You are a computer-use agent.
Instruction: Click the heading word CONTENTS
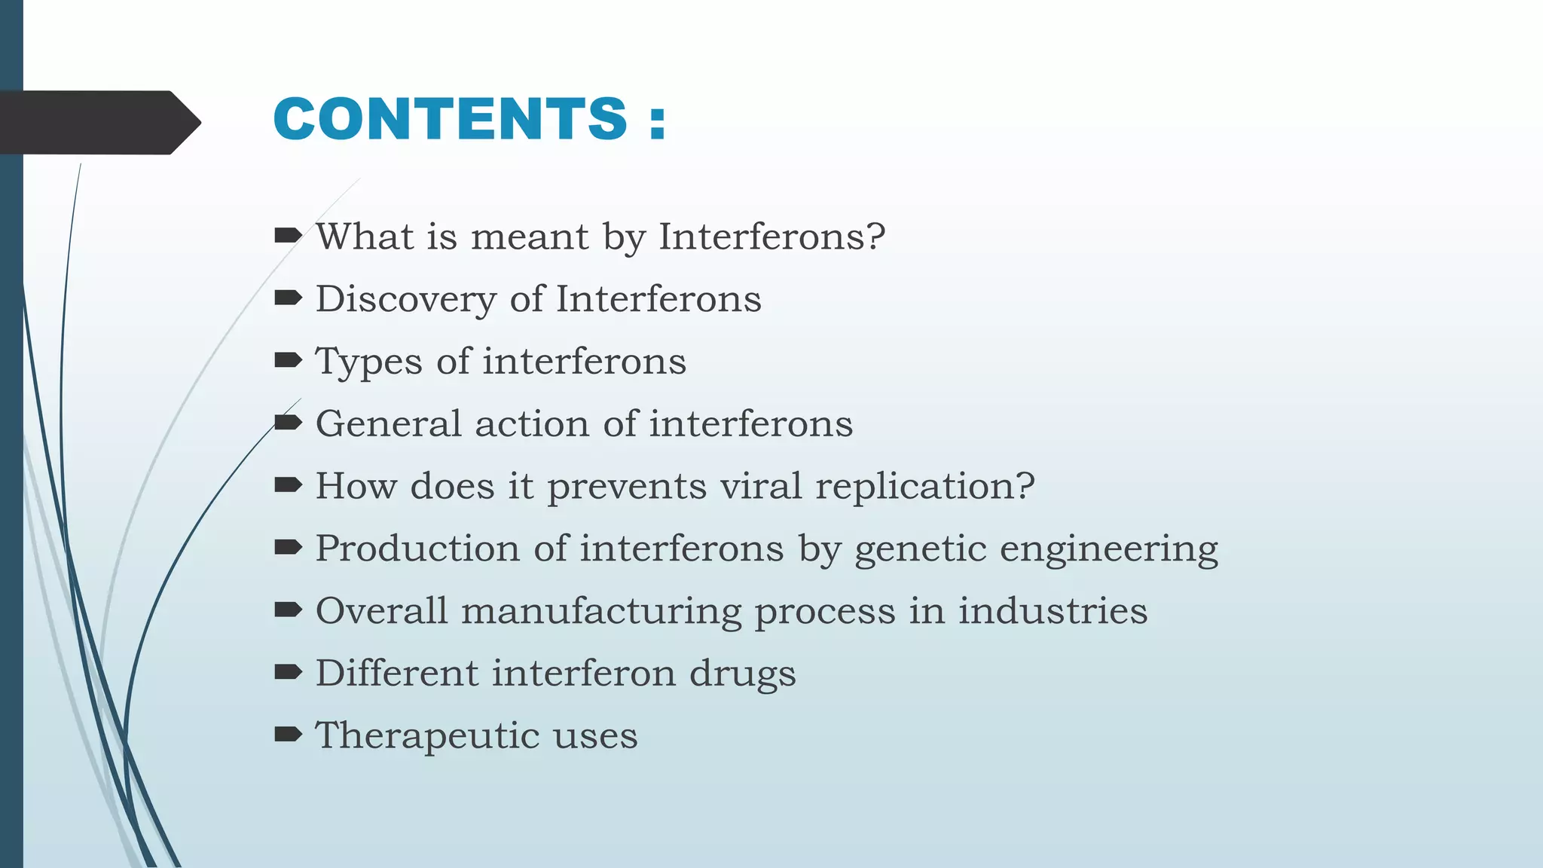click(450, 119)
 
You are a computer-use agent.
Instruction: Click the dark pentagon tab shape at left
click(98, 122)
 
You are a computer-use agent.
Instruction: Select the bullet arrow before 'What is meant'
click(288, 237)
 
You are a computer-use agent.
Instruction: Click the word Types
click(369, 362)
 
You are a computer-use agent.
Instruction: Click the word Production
click(417, 549)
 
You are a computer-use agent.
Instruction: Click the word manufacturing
click(601, 611)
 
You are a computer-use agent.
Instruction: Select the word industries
click(1053, 610)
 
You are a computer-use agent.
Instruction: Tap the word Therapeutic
click(426, 736)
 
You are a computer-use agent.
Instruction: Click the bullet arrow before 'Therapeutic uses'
click(288, 735)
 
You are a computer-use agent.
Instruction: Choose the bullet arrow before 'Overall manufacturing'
click(288, 610)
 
